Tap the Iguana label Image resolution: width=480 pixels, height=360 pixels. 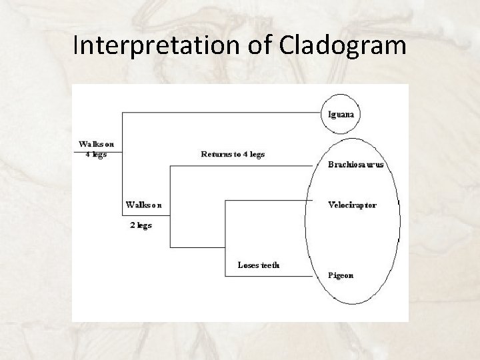(x=341, y=113)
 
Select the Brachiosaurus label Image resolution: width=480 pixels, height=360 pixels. (x=355, y=165)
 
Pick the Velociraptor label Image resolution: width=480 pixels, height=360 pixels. (x=352, y=205)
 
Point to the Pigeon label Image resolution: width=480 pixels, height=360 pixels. (x=341, y=275)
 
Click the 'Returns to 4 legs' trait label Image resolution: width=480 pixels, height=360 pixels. (x=233, y=154)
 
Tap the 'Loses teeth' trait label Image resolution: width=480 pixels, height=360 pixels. (x=259, y=265)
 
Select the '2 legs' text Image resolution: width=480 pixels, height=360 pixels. (x=140, y=225)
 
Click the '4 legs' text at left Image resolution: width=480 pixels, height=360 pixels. (x=96, y=154)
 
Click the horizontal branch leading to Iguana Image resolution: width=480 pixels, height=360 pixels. (x=220, y=113)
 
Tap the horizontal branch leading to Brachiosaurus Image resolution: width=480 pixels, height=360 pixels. (x=240, y=165)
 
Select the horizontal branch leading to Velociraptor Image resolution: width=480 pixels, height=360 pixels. (x=267, y=199)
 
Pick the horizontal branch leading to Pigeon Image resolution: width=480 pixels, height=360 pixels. (x=267, y=276)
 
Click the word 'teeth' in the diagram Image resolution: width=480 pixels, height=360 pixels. (x=269, y=265)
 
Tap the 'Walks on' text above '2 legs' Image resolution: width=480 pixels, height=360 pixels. (x=143, y=205)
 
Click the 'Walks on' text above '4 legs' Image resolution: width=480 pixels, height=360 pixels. (x=96, y=144)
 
